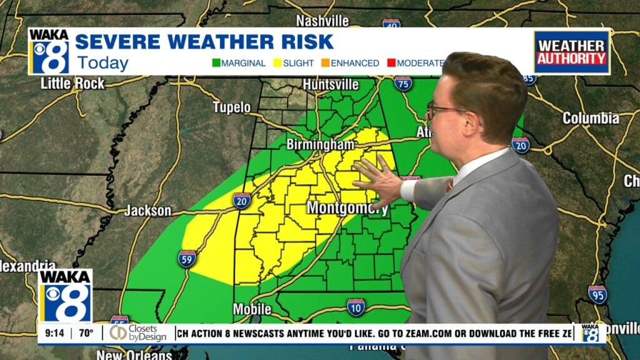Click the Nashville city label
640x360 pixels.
click(322, 21)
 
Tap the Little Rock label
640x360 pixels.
click(72, 83)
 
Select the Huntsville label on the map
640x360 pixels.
click(331, 84)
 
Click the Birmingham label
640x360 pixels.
click(320, 144)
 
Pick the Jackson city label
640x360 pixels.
click(147, 211)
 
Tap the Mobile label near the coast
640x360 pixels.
click(252, 309)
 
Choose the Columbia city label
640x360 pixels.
click(591, 117)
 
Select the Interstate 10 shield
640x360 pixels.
click(356, 306)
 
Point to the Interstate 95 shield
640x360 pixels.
click(597, 294)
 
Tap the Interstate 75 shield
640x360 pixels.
click(402, 83)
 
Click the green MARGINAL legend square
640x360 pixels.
click(216, 63)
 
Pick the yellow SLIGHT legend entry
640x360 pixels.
click(294, 63)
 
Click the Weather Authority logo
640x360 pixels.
click(571, 52)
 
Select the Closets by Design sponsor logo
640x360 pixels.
click(138, 334)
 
